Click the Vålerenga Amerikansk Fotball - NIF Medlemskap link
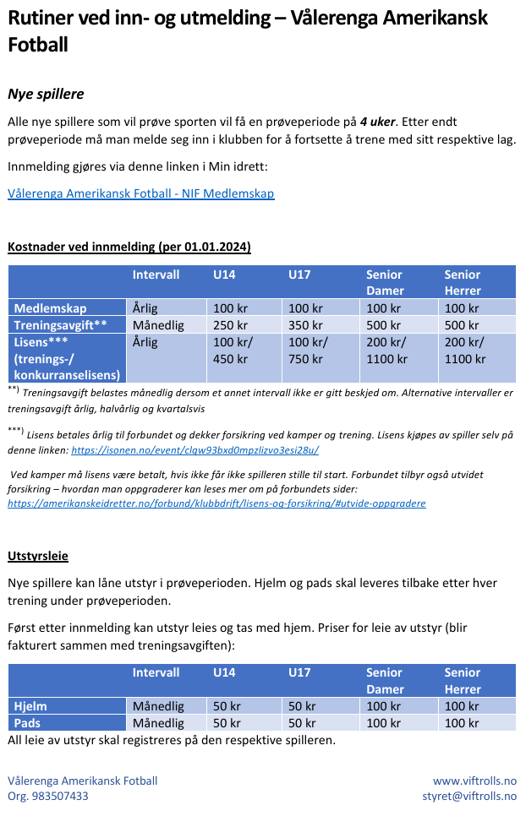click(140, 193)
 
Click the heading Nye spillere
click(46, 94)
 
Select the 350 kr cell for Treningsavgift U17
click(305, 324)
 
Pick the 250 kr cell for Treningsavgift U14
click(230, 324)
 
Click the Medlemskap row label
click(50, 308)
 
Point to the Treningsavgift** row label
click(60, 324)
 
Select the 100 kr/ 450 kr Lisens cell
click(233, 351)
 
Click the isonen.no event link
click(195, 451)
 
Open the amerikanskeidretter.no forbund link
click(216, 503)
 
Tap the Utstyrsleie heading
click(38, 557)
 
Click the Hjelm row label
click(30, 706)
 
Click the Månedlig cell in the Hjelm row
click(158, 706)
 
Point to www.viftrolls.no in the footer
click(474, 781)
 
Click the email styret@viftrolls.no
click(469, 796)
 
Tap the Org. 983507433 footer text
click(48, 796)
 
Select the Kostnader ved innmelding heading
click(129, 247)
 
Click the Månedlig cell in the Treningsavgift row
click(158, 324)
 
